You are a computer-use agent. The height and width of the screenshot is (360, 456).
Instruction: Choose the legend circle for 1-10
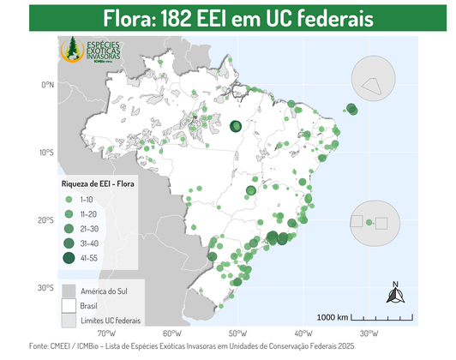[68, 199]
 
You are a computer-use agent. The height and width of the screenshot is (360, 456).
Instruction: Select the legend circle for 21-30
[68, 229]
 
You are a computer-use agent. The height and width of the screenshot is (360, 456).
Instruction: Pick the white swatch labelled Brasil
[69, 305]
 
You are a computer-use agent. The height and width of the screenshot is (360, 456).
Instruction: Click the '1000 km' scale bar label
[332, 317]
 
